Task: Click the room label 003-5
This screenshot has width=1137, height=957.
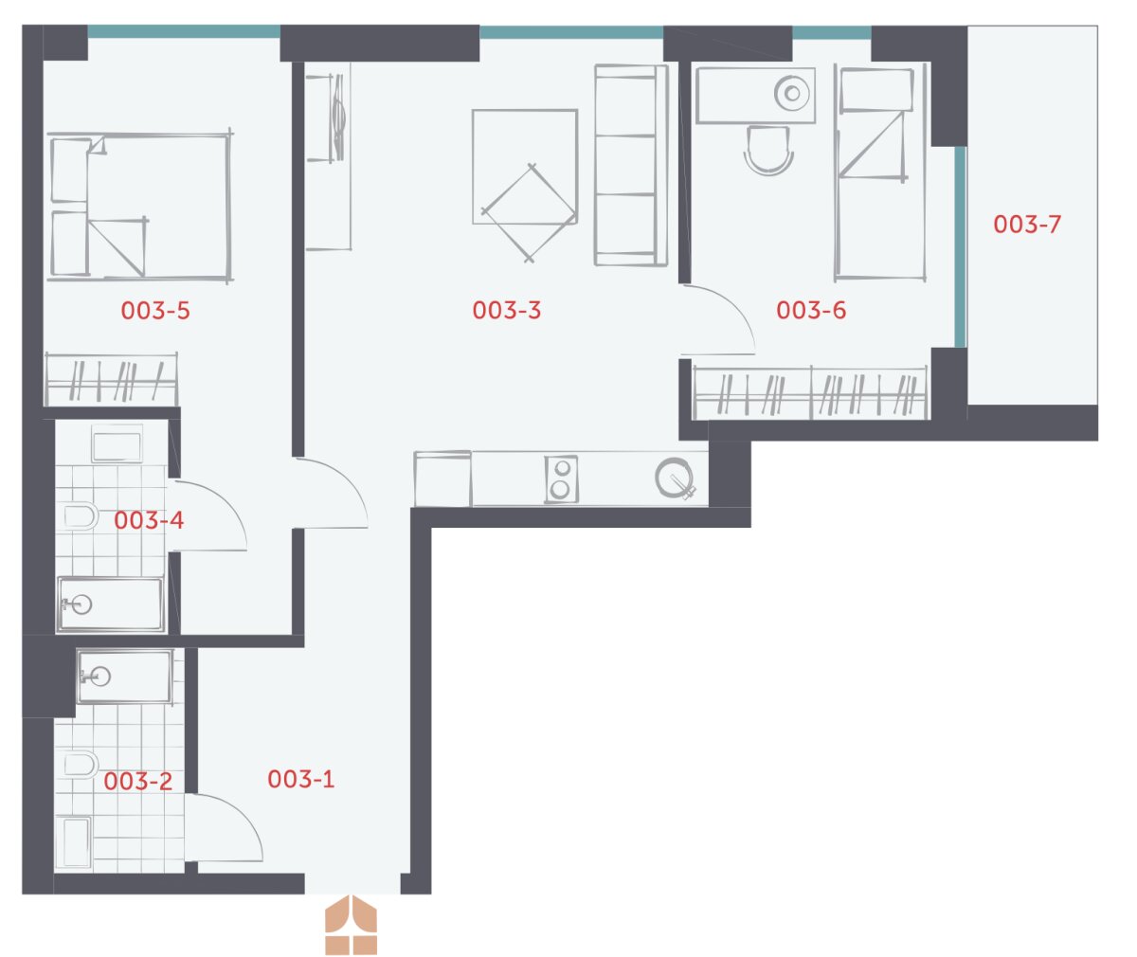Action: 155,311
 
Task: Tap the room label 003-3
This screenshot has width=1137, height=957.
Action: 506,310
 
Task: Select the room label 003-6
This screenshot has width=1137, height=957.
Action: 811,310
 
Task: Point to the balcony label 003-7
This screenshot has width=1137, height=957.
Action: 1027,225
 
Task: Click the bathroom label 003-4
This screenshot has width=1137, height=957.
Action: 149,520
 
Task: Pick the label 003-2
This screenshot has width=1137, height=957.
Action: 137,781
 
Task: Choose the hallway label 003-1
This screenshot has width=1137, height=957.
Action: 300,779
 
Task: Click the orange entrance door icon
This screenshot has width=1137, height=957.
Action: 351,925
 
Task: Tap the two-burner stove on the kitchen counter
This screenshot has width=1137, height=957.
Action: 561,478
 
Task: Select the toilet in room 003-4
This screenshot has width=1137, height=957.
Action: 81,516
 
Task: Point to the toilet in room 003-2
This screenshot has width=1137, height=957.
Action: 81,765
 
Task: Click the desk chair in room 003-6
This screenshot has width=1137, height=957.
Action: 768,151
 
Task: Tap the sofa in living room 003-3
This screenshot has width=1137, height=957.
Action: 631,165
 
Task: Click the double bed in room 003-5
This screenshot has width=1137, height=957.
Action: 140,206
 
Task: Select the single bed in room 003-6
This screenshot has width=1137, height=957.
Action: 880,172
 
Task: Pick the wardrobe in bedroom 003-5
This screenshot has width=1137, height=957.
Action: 111,379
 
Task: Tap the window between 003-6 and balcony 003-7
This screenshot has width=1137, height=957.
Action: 960,246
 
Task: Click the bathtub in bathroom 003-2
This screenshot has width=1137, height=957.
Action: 77,842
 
